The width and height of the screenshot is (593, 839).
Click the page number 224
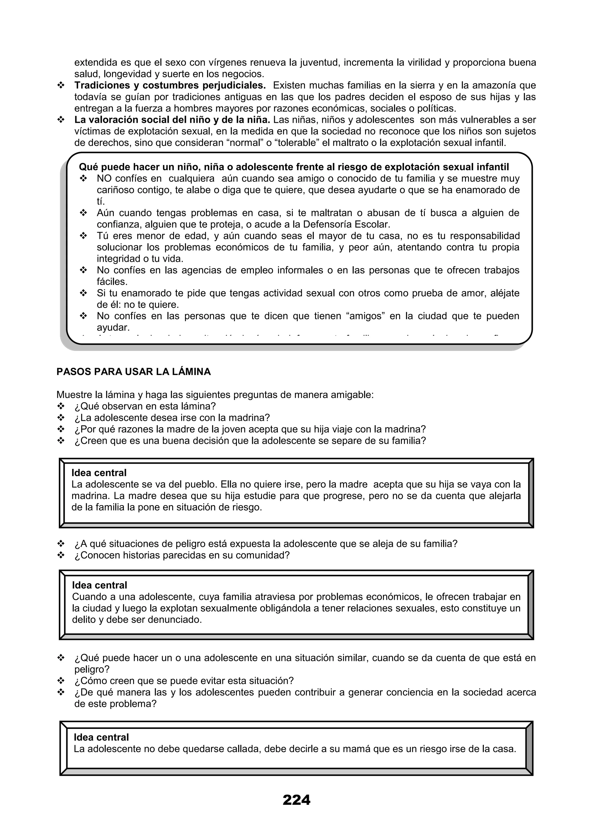[296, 800]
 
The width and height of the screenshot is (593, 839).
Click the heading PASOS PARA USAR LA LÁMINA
[134, 372]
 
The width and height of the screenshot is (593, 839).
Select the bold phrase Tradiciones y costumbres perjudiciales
[170, 85]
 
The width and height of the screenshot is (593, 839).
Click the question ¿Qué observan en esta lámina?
[145, 406]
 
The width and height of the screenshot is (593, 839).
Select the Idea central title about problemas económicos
[99, 585]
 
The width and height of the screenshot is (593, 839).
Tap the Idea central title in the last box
[101, 737]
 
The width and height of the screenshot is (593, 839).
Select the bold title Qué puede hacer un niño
[294, 167]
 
